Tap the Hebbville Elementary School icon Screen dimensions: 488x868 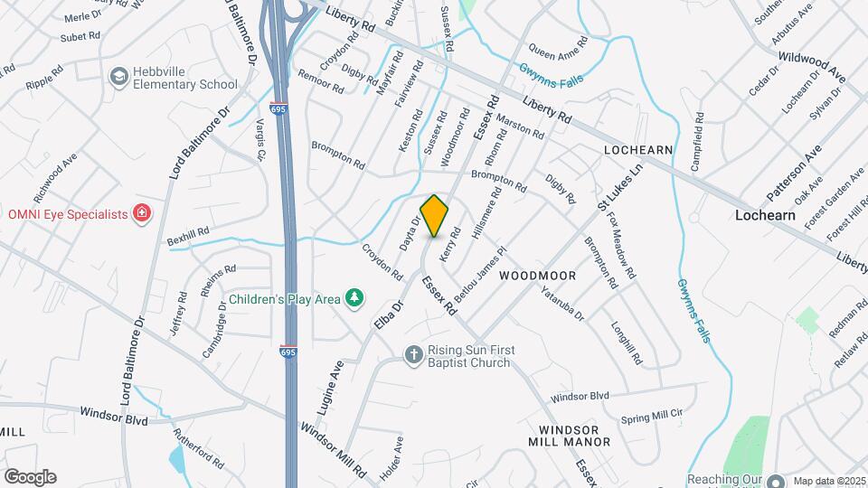pyautogui.click(x=118, y=78)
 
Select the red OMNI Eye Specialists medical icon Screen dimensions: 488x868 pyautogui.click(x=141, y=213)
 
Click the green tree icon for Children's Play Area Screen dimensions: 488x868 pyautogui.click(x=356, y=297)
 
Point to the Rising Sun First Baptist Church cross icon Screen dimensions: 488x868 pyautogui.click(x=413, y=354)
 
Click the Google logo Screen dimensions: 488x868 pyautogui.click(x=30, y=476)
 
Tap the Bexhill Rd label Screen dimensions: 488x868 pyautogui.click(x=188, y=236)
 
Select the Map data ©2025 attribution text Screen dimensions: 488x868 pyautogui.click(x=826, y=480)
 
